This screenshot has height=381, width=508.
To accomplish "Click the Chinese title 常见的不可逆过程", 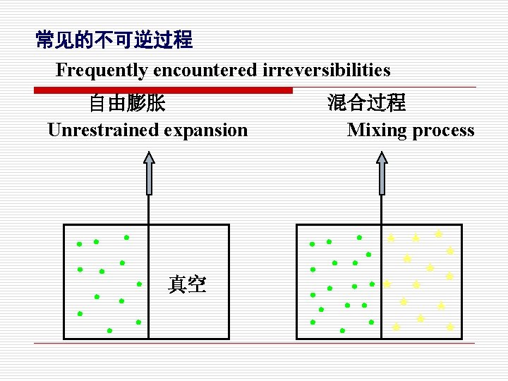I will (114, 40).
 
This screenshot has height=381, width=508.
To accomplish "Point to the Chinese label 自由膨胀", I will (127, 104).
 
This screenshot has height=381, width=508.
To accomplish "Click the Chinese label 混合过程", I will (366, 103).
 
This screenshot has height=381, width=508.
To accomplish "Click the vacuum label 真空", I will (187, 284).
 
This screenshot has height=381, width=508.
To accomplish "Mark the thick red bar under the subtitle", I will (163, 90).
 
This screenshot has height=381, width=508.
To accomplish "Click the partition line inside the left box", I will (149, 282).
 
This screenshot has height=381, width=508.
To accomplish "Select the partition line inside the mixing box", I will (382, 282).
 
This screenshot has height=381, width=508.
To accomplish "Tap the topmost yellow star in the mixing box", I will (438, 234).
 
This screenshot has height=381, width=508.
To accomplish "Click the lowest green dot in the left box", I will (109, 330).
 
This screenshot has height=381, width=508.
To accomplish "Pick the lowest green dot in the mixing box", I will (342, 330).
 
